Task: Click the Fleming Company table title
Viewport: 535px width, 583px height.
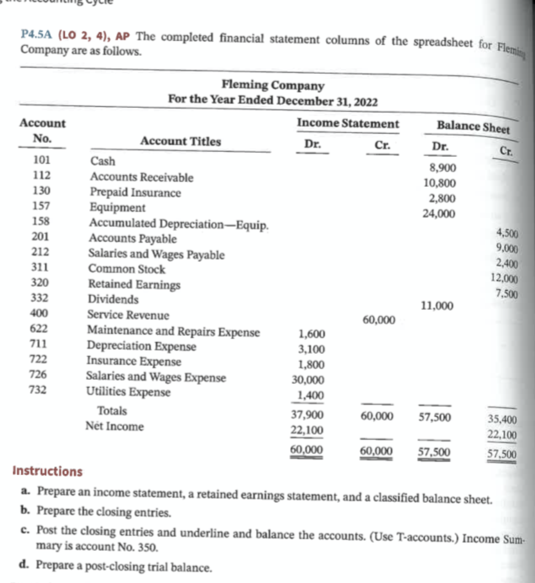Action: [x=273, y=86]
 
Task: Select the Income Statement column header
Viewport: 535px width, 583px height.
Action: [x=348, y=124]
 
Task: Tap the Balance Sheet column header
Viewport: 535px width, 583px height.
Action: [x=473, y=126]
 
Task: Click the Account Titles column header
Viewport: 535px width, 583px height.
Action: [x=180, y=142]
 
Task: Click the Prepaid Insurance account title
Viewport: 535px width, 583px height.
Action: [x=136, y=193]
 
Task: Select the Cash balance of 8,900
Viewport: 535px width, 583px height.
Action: [x=442, y=168]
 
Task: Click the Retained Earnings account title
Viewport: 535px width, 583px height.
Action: [x=134, y=285]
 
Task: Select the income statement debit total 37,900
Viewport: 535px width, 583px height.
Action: [x=307, y=416]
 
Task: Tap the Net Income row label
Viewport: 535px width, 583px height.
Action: [x=114, y=427]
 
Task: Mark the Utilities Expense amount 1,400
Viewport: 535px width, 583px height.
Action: [x=309, y=396]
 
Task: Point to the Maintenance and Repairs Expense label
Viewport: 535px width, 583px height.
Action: [x=173, y=332]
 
